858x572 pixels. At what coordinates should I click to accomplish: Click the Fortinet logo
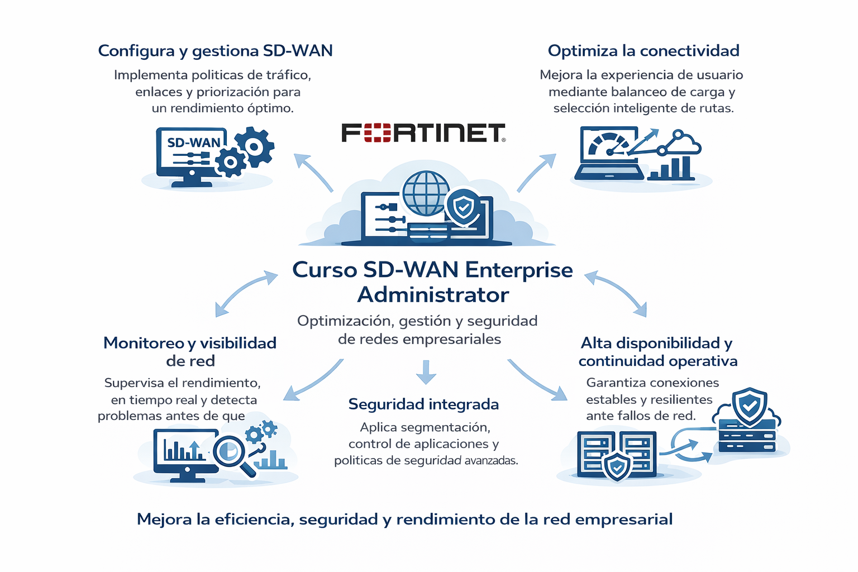[x=423, y=133]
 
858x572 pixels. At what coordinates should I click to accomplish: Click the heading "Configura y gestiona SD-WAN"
[x=215, y=51]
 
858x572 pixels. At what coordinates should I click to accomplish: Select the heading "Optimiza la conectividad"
[x=643, y=51]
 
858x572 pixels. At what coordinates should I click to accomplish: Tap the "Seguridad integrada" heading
[x=423, y=404]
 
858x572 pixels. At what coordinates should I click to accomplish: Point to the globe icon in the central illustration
[x=426, y=193]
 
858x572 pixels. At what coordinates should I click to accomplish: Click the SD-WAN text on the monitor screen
[x=193, y=143]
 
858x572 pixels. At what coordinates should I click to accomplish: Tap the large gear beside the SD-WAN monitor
[x=255, y=147]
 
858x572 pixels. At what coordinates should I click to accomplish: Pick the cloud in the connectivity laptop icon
[x=685, y=144]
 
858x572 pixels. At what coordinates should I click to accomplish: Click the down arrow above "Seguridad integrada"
[x=426, y=372]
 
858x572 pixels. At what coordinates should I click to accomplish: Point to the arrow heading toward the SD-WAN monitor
[x=312, y=171]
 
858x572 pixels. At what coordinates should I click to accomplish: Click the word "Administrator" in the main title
[x=433, y=294]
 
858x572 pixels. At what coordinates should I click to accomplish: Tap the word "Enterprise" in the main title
[x=519, y=270]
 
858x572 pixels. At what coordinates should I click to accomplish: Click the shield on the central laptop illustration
[x=463, y=207]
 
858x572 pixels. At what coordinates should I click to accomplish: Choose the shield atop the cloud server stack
[x=749, y=406]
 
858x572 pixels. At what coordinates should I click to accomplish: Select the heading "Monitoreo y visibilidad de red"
[x=190, y=351]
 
